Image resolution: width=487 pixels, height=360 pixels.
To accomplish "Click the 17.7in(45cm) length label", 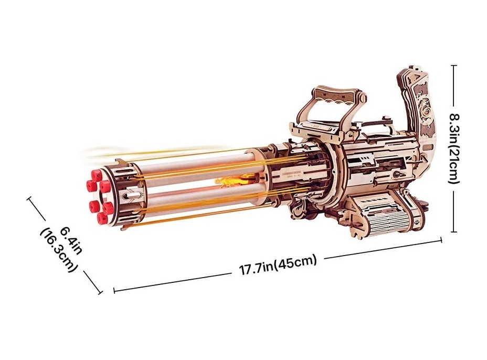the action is click(278, 265).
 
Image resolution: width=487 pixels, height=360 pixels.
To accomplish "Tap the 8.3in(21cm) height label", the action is click(454, 149).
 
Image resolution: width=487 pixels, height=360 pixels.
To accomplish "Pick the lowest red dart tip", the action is click(102, 218).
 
